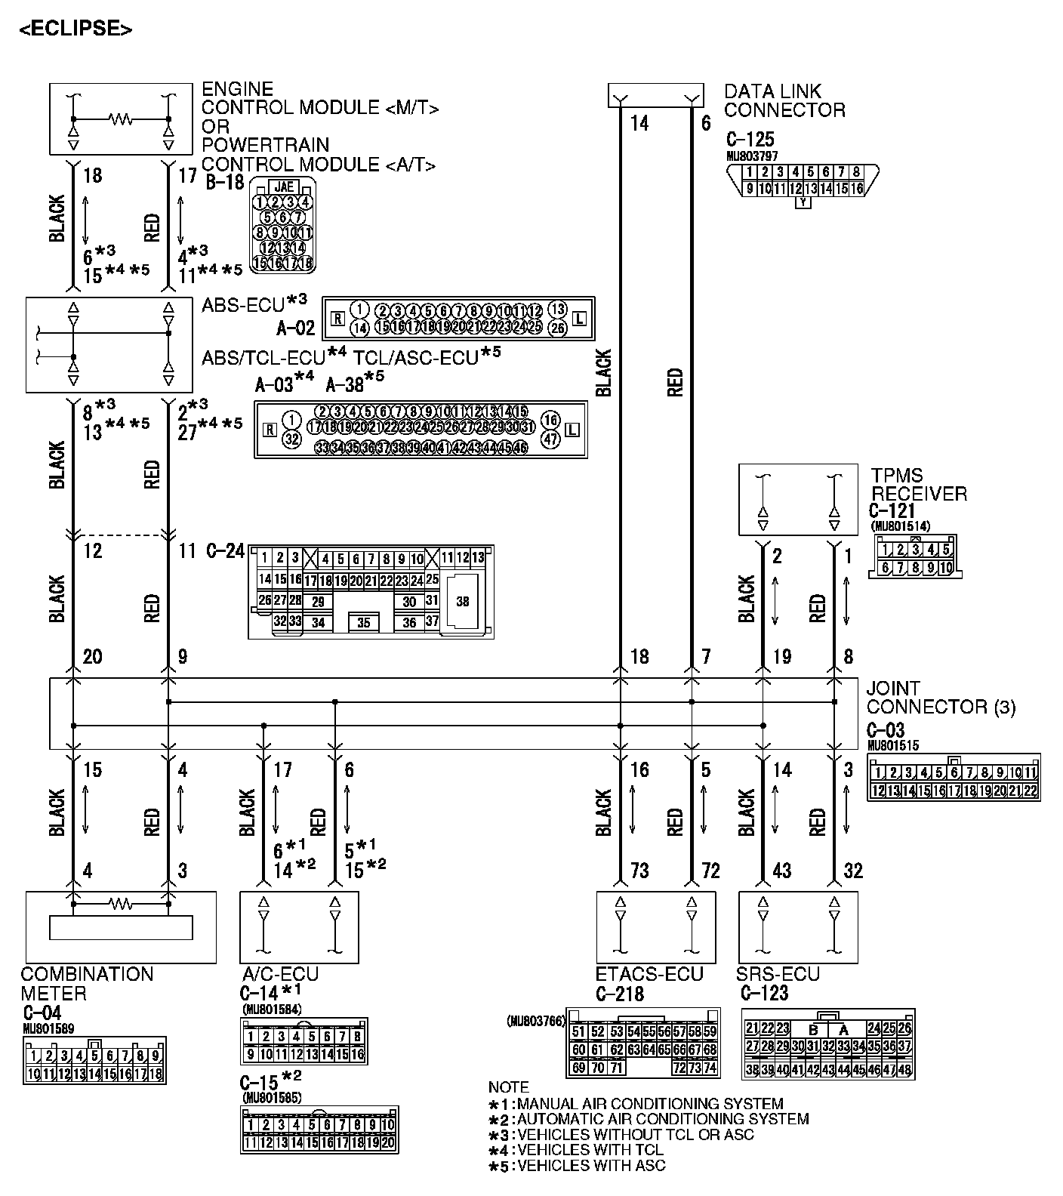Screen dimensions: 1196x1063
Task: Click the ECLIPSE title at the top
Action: (75, 29)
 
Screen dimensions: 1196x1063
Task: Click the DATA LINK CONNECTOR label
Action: (784, 100)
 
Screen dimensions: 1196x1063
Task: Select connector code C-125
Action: (750, 140)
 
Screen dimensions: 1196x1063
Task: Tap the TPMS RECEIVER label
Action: (918, 484)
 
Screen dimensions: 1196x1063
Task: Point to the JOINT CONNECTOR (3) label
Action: (940, 698)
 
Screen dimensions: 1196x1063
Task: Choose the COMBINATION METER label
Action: (87, 983)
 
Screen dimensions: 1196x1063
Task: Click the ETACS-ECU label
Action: (649, 974)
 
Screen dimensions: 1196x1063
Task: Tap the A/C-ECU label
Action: (280, 974)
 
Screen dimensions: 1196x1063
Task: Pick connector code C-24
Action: (225, 551)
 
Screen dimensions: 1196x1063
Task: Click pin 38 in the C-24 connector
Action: (463, 602)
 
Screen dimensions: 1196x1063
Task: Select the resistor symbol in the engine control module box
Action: (121, 119)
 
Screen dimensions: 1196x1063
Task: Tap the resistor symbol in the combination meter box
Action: (121, 902)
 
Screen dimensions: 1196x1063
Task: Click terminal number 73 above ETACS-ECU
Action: (639, 871)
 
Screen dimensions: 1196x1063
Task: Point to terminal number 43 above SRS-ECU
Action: (781, 871)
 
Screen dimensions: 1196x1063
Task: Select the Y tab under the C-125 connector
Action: (803, 202)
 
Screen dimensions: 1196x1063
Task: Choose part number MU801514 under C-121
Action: (900, 526)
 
